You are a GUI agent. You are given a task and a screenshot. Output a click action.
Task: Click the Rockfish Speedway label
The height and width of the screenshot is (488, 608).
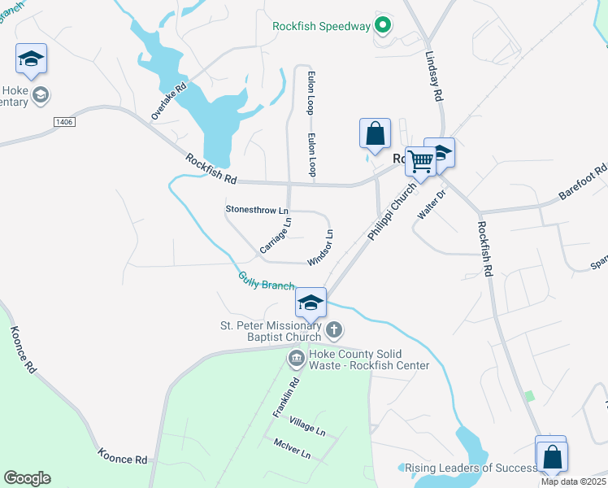pos(320,26)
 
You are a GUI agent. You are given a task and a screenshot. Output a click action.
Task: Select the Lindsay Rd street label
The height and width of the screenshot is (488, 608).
pos(433,77)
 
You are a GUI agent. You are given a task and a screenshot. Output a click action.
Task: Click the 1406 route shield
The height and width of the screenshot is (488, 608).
pos(65,122)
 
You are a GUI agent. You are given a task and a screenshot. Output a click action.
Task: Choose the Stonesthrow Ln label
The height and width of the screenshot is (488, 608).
pos(257,210)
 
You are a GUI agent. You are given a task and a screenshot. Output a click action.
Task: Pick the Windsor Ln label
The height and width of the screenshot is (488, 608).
pos(321,247)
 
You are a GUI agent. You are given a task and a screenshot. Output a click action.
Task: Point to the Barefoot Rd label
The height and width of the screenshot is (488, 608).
pos(583,184)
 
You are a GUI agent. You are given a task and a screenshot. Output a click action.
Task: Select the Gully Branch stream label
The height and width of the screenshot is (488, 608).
pos(266,281)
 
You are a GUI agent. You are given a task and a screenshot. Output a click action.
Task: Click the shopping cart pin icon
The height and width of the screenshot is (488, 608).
pos(419,161)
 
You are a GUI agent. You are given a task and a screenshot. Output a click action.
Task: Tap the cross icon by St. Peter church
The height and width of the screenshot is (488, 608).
pos(334,330)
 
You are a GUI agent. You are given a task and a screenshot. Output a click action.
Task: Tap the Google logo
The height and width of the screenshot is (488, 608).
pos(27,478)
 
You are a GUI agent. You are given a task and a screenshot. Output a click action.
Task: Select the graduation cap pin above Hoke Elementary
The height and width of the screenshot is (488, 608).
pos(31,59)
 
